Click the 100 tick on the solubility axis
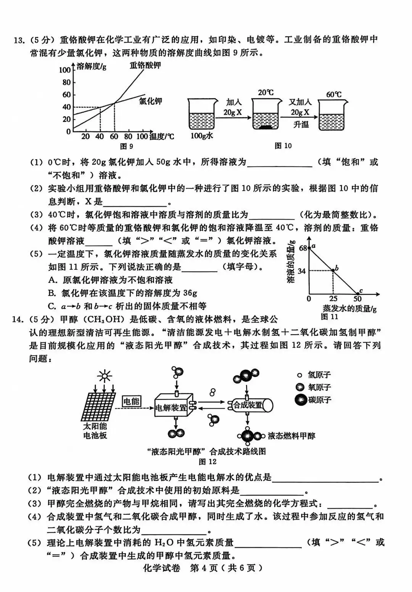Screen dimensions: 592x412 tap(65, 70)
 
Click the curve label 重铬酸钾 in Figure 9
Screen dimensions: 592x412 tap(145, 65)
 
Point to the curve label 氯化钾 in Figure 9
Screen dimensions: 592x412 tap(150, 101)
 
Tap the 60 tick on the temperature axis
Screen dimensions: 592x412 tap(114, 136)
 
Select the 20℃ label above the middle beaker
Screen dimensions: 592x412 tap(266, 92)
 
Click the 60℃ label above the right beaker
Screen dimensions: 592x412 tap(334, 94)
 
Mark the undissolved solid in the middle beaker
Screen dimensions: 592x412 tap(266, 128)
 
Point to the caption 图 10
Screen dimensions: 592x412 tap(283, 146)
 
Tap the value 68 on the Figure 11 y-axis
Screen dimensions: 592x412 tap(303, 248)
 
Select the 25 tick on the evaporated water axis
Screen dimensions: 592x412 tap(333, 299)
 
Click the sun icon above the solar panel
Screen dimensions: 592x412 tap(104, 376)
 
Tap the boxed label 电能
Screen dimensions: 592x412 tap(131, 401)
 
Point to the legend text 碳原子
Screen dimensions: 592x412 tap(320, 400)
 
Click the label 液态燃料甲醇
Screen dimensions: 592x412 tap(291, 436)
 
